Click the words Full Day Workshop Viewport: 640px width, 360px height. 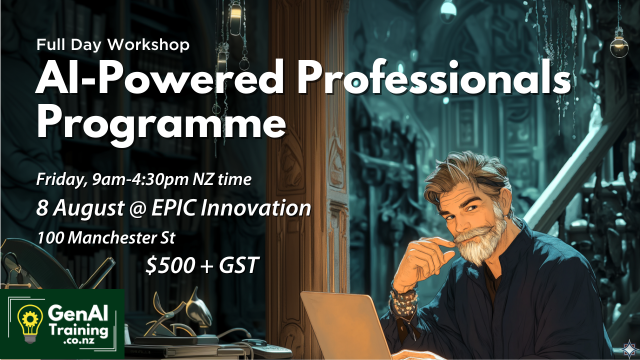point(113,45)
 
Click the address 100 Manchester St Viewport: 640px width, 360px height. point(106,238)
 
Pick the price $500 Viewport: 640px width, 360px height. point(170,265)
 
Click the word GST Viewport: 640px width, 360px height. point(239,265)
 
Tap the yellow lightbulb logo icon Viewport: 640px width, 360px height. point(29,323)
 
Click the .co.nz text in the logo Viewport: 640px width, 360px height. point(79,340)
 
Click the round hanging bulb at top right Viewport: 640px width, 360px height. point(619,46)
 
